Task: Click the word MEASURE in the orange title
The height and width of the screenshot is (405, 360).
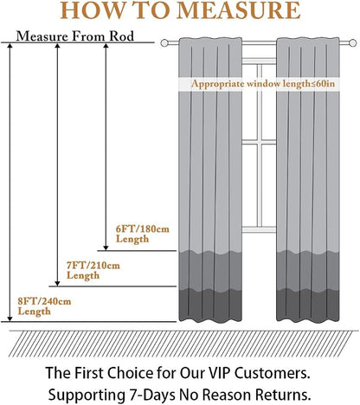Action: click(x=238, y=10)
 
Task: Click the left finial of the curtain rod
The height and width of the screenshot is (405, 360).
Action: click(x=164, y=43)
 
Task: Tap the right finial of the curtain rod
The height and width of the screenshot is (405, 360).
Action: click(x=352, y=43)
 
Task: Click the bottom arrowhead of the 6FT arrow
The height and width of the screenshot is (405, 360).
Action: click(x=106, y=247)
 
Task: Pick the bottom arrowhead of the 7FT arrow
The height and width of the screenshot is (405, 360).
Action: click(x=57, y=284)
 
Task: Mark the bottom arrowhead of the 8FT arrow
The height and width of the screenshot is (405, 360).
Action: click(x=10, y=318)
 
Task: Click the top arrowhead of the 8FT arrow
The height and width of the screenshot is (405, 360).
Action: click(x=10, y=46)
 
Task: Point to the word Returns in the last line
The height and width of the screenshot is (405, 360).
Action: click(x=284, y=395)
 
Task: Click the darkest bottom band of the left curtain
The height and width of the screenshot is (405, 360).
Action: click(x=210, y=305)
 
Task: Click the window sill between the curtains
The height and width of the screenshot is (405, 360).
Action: click(x=259, y=230)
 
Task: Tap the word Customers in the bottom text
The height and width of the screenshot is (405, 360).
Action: click(x=273, y=373)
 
